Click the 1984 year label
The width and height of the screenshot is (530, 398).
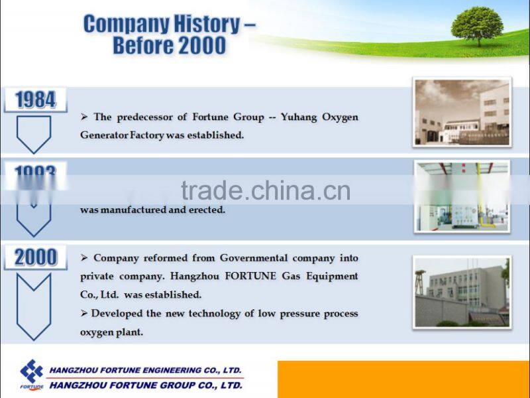(35, 99)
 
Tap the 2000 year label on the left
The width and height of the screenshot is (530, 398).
(35, 257)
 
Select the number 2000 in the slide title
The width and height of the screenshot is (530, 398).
(200, 46)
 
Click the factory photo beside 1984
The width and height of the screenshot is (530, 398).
(462, 112)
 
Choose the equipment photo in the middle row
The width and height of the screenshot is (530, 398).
(462, 196)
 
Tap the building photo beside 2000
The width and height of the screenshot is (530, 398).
(462, 292)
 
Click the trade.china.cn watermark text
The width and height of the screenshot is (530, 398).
(265, 191)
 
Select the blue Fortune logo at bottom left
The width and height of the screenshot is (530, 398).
(31, 373)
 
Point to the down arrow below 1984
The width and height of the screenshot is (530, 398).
(34, 134)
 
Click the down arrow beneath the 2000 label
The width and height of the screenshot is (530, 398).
(34, 305)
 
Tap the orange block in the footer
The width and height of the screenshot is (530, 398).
(403, 379)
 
